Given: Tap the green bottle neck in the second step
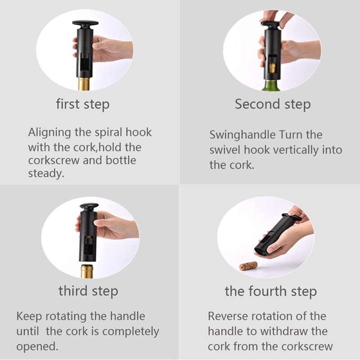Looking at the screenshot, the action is click(x=271, y=85).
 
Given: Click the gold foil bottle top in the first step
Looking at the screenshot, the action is click(x=84, y=84).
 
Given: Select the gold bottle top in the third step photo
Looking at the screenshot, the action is click(x=87, y=271).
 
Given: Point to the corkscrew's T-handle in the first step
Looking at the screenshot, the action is click(x=85, y=23).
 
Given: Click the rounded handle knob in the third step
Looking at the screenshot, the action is click(x=89, y=207).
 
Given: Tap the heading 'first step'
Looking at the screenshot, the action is click(x=83, y=104).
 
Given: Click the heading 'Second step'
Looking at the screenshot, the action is click(x=273, y=104).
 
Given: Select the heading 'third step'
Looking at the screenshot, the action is click(x=88, y=291).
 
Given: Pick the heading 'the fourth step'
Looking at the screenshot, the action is click(x=271, y=291).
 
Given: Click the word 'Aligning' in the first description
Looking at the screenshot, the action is click(x=49, y=133).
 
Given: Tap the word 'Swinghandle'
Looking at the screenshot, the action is click(x=242, y=135).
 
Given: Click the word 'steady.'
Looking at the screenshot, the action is click(x=46, y=173).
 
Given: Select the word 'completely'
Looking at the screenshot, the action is click(x=130, y=332).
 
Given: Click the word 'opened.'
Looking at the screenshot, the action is click(x=37, y=346).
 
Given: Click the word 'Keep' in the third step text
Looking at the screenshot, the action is click(x=29, y=316).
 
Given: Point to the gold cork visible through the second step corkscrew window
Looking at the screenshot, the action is click(x=272, y=68).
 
